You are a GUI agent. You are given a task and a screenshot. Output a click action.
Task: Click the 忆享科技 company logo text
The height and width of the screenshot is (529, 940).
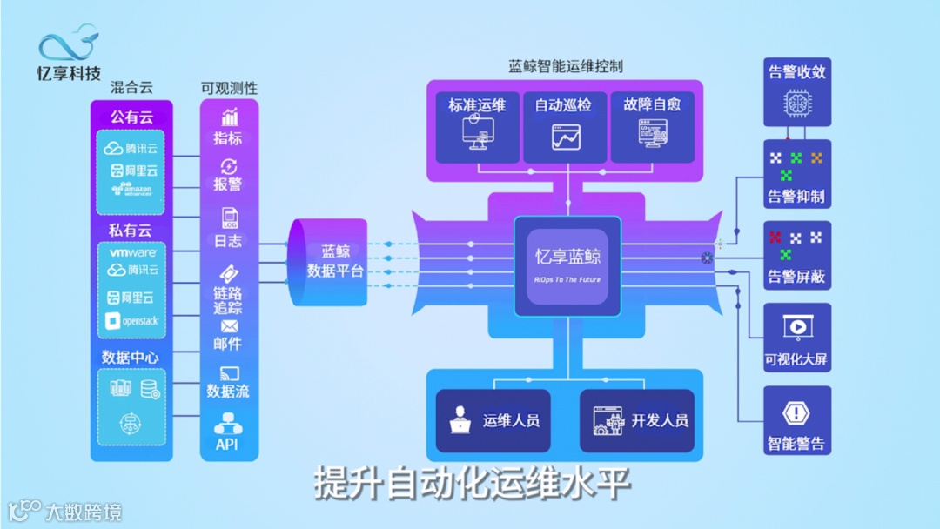69,72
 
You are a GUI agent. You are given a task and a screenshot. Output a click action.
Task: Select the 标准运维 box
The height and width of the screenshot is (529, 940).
477,127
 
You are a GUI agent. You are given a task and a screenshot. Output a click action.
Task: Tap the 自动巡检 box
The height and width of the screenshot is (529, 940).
564,127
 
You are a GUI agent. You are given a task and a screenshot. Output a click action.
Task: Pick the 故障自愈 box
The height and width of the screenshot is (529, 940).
652,127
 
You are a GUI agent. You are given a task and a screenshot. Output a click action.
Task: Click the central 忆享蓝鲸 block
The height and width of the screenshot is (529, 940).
567,265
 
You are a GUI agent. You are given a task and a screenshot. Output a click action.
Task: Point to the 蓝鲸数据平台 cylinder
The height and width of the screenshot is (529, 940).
328,262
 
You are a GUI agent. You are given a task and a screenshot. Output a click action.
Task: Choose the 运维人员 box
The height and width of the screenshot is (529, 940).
493,421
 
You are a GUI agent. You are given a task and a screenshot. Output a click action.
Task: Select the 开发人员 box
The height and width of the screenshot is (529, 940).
637,421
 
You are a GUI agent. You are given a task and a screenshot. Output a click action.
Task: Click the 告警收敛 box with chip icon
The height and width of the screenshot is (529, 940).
796,92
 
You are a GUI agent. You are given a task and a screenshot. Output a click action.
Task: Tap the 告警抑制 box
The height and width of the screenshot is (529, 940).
796,174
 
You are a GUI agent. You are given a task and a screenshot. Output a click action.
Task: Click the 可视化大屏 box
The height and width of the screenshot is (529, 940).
796,338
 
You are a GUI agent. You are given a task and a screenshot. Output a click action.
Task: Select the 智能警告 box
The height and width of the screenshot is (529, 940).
796,421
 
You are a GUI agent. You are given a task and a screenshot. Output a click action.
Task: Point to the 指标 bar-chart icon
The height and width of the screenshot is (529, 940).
230,117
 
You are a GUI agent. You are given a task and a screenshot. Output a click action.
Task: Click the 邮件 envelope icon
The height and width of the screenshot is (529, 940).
229,326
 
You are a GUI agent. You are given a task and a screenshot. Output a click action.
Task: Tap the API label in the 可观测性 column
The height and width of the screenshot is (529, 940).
226,445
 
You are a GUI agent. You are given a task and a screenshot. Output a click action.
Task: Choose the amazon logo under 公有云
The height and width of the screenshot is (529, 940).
131,190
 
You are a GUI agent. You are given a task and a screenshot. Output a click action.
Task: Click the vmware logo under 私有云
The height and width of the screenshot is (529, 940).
132,252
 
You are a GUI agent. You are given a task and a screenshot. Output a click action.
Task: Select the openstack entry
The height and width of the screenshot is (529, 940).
131,321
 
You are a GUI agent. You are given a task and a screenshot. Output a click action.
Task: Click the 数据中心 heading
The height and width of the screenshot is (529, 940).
131,358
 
